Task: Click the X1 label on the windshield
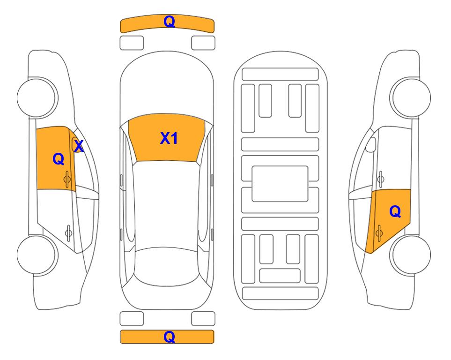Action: pyautogui.click(x=169, y=138)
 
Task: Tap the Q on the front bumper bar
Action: pyautogui.click(x=169, y=22)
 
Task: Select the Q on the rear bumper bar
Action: pyautogui.click(x=169, y=337)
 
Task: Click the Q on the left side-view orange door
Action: pyautogui.click(x=58, y=159)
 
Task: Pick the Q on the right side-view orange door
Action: pyautogui.click(x=395, y=212)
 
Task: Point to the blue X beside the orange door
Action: pyautogui.click(x=79, y=146)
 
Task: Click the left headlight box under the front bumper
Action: pyautogui.click(x=132, y=43)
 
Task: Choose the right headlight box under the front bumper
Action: pyautogui.click(x=203, y=43)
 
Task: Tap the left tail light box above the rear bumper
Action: pyautogui.click(x=132, y=319)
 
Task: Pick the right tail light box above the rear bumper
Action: pyautogui.click(x=203, y=319)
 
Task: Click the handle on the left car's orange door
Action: pyautogui.click(x=68, y=178)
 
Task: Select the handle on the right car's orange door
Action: pyautogui.click(x=380, y=231)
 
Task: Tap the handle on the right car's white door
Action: pyautogui.click(x=380, y=178)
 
